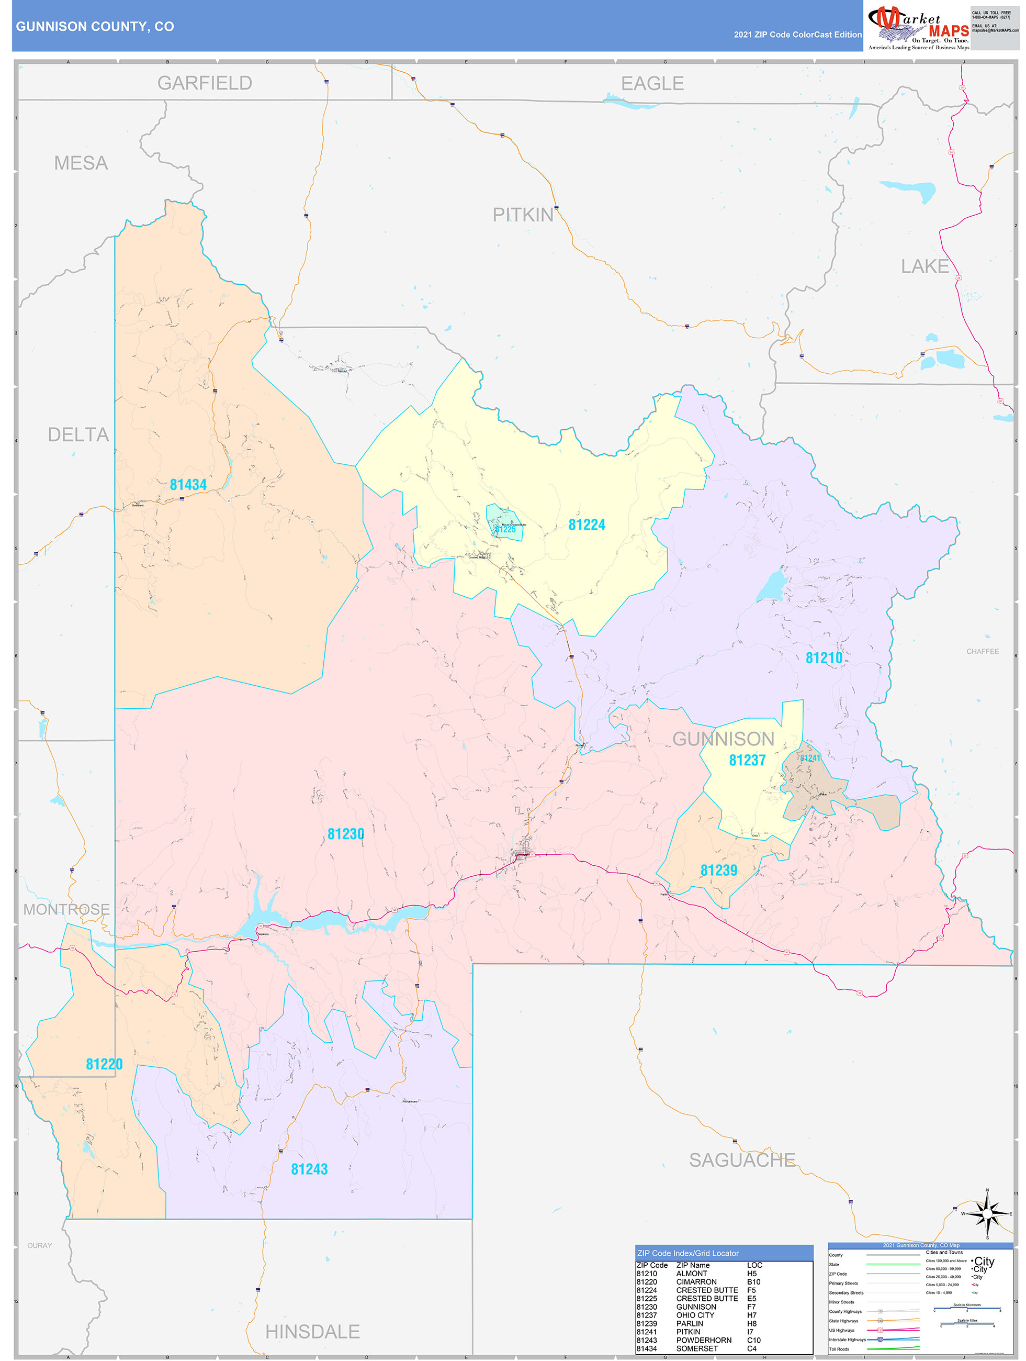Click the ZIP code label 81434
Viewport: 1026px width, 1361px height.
188,485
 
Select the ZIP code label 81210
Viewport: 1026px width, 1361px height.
824,659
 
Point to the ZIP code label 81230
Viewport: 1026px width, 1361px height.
346,834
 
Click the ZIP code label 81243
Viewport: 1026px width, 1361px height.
309,1169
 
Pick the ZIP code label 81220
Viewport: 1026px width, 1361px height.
104,1064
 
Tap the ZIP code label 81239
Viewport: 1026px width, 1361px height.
718,871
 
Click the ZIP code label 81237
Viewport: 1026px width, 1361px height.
747,761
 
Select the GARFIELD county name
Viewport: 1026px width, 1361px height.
204,83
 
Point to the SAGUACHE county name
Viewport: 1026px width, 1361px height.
742,1161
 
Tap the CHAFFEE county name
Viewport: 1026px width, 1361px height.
983,652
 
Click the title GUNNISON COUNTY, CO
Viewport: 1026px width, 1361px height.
95,27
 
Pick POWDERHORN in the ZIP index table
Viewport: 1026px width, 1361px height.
704,1340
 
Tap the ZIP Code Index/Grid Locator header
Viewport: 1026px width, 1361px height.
687,1253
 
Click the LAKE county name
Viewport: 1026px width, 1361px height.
924,266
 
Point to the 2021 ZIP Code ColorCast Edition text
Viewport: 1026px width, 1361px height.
797,35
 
